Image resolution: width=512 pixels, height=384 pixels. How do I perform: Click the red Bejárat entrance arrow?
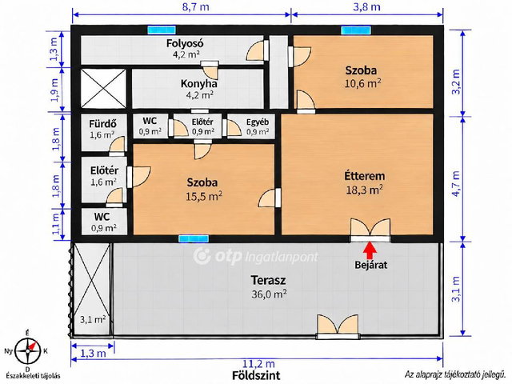(x=370, y=250)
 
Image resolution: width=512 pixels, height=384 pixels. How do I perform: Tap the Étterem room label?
(x=365, y=176)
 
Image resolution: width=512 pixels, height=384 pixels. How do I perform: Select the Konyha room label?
(x=199, y=83)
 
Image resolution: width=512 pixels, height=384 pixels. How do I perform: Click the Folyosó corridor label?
(x=185, y=43)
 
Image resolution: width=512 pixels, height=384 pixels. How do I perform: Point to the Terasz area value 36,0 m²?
(x=269, y=294)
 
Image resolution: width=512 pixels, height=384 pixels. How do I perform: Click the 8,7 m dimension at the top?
(x=195, y=6)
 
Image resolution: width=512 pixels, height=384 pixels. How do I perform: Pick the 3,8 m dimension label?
(x=366, y=6)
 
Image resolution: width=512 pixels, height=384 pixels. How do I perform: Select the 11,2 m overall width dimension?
(x=258, y=363)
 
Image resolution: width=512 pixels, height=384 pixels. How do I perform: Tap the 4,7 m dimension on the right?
(x=456, y=183)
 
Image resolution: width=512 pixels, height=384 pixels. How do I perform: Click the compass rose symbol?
(x=28, y=351)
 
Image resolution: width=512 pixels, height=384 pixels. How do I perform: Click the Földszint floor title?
(x=256, y=375)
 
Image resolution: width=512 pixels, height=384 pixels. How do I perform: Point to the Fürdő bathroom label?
(x=103, y=124)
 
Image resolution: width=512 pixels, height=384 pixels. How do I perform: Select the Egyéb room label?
(x=258, y=122)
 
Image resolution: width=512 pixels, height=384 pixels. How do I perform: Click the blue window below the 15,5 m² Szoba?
(x=194, y=238)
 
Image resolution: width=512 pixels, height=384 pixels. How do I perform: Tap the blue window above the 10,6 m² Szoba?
(x=356, y=30)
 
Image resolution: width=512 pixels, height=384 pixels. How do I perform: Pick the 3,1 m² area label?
(x=93, y=319)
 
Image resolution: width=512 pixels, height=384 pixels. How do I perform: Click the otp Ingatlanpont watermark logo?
(x=255, y=256)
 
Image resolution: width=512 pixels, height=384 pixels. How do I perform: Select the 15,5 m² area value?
(x=204, y=196)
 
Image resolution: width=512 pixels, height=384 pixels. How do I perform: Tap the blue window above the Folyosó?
(x=162, y=30)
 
